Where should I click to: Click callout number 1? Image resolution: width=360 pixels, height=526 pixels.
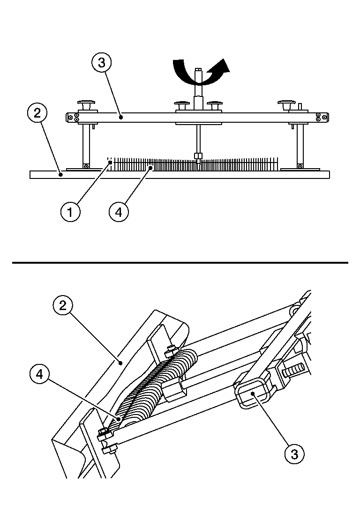[70, 212]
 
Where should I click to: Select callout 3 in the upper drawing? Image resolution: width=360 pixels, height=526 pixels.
[102, 62]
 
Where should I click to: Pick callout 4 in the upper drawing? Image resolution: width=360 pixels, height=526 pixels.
[119, 212]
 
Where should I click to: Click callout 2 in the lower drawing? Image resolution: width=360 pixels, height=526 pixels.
[63, 306]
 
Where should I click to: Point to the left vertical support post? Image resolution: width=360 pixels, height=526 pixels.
[86, 143]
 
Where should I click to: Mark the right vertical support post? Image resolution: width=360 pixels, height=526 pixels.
[300, 143]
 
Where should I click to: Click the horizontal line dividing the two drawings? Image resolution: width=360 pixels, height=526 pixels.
[180, 263]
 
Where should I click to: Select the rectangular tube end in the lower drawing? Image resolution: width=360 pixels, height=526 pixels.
[253, 393]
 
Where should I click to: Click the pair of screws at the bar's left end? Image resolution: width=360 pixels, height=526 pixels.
[76, 117]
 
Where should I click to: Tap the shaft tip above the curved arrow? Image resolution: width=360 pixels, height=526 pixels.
[198, 72]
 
